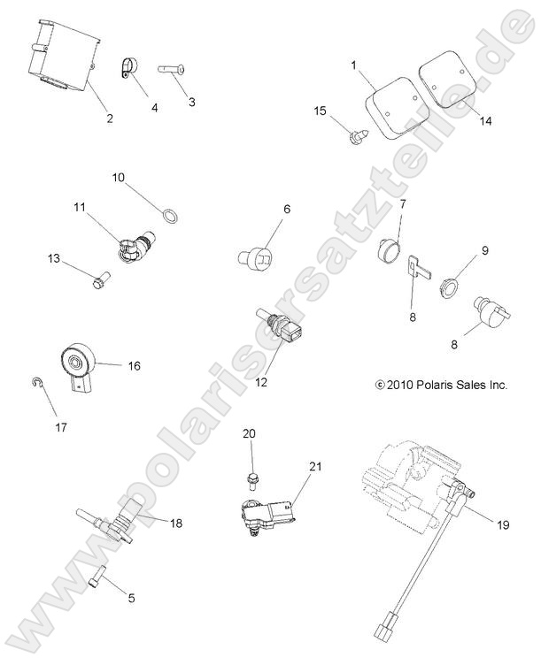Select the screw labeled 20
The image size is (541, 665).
[251, 478]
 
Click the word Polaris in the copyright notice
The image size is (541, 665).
[437, 386]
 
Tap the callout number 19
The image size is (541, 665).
[501, 525]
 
